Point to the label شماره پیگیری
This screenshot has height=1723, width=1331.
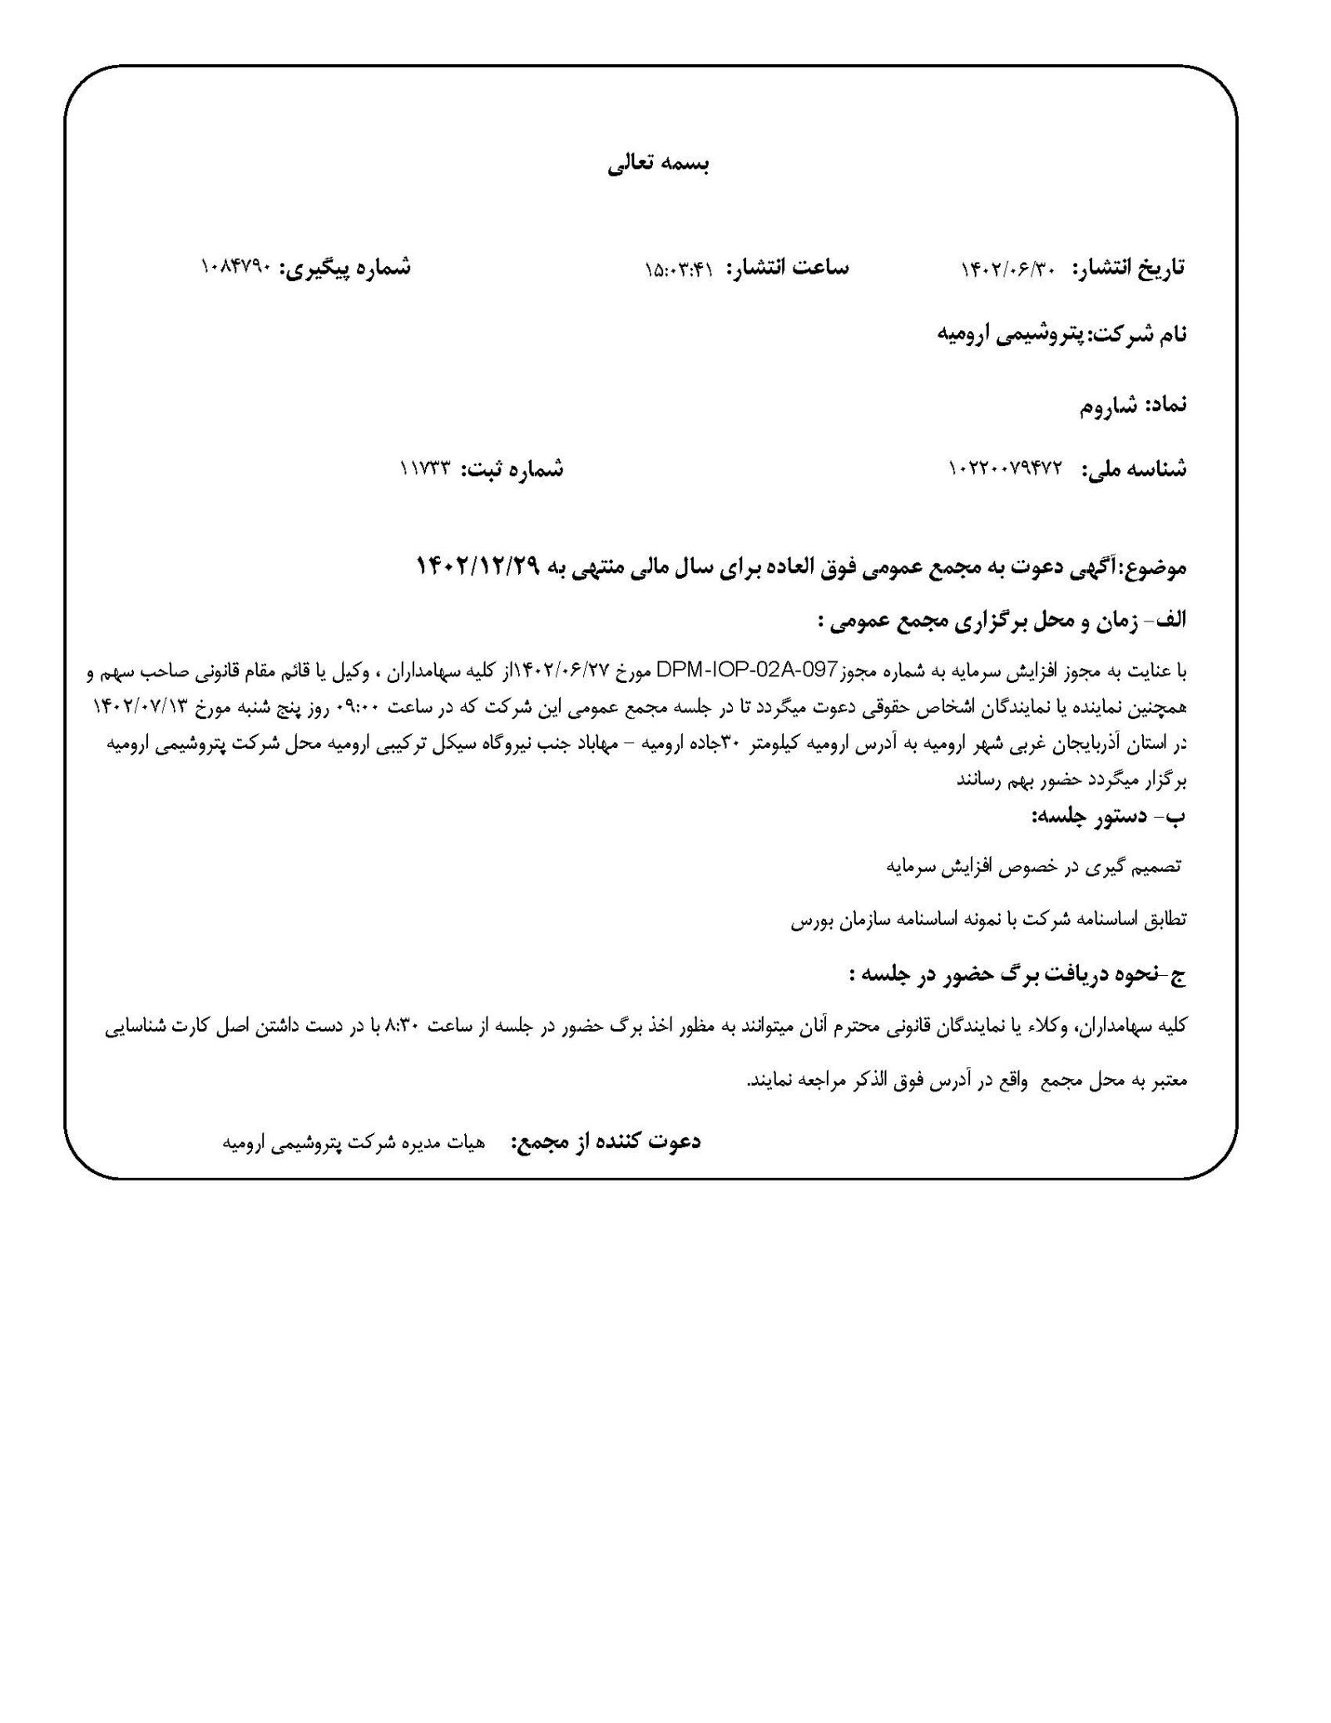click(x=345, y=268)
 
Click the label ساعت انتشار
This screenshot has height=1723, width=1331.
click(x=787, y=268)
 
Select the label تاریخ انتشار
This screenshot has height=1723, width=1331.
click(x=1129, y=268)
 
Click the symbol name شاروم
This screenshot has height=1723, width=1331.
click(x=1110, y=408)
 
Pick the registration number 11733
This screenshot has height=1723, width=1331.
click(x=424, y=469)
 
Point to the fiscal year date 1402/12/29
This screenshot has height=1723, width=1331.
click(x=477, y=567)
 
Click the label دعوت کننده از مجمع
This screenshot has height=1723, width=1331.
click(x=606, y=1141)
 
